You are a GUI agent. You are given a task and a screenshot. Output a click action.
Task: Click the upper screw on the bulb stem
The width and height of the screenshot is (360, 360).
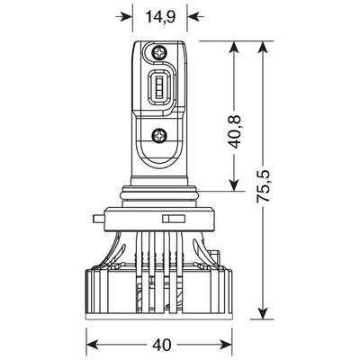click(160, 50)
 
